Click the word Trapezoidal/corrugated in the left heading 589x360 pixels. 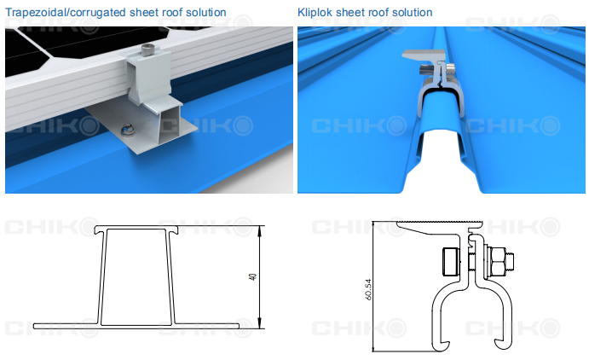tap(66, 13)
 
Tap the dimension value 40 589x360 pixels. tap(253, 276)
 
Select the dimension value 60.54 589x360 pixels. tap(368, 289)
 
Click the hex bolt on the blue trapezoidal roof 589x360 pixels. tap(125, 131)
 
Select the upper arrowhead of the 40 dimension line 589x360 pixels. tap(260, 230)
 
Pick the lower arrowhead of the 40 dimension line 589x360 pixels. tap(260, 324)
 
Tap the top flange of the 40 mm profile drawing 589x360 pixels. tap(136, 228)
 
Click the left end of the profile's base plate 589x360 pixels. tap(34, 326)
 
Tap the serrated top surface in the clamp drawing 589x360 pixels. tap(439, 223)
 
